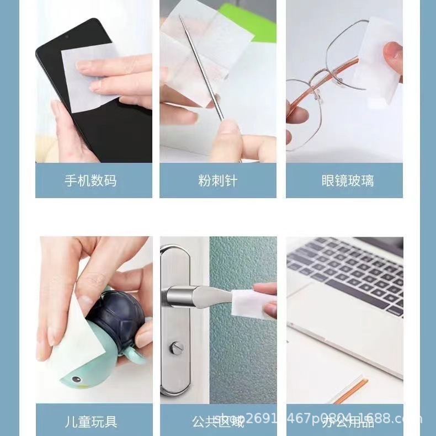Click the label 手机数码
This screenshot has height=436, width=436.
coord(91,180)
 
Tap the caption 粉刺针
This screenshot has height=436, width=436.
coord(217,180)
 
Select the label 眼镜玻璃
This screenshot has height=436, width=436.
coord(347,180)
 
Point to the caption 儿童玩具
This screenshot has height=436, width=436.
coord(91,422)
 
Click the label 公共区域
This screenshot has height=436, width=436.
coord(217,422)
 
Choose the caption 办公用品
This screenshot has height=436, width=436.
coord(347,422)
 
